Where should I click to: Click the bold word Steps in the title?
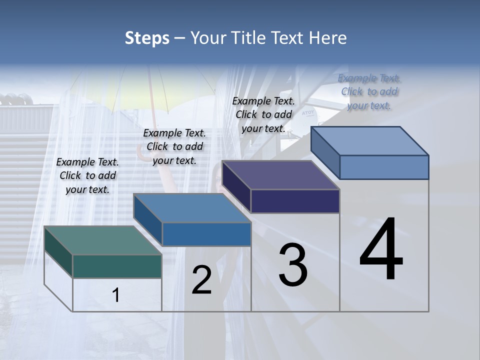(147, 38)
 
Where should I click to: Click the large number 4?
(381, 250)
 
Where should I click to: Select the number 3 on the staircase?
(293, 265)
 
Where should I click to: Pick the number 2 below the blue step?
(202, 280)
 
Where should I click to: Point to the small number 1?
(116, 295)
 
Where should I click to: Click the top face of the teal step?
(102, 240)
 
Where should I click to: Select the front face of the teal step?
(117, 266)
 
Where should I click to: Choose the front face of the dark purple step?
(295, 201)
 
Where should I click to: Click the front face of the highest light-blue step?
(384, 167)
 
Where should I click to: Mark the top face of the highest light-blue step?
(370, 140)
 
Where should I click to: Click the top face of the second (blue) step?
(192, 207)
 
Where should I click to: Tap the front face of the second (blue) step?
(206, 234)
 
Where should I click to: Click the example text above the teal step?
(87, 175)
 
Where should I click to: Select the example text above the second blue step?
(174, 146)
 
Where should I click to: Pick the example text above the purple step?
(263, 114)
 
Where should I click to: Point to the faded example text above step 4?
(369, 91)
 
